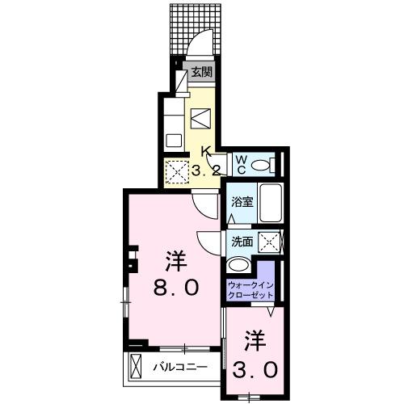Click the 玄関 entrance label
click(x=200, y=72)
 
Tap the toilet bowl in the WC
click(x=260, y=165)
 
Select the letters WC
click(x=241, y=164)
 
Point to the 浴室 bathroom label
click(x=242, y=202)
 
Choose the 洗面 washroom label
click(x=242, y=241)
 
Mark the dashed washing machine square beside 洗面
click(x=272, y=240)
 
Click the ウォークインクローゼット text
click(x=250, y=290)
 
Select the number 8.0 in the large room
click(x=175, y=288)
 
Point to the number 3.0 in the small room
click(x=258, y=369)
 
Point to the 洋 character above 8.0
click(x=175, y=260)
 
